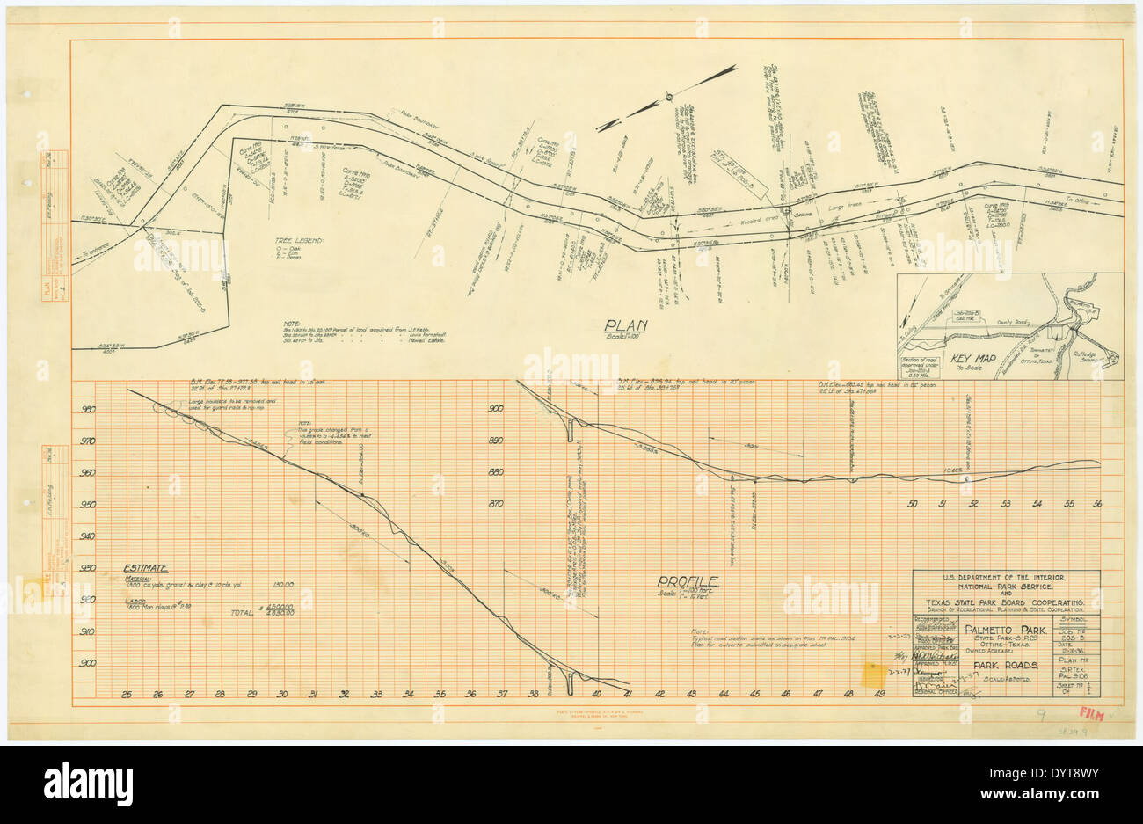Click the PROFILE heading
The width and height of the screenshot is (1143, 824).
pyautogui.click(x=689, y=581)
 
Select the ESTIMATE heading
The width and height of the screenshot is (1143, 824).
pyautogui.click(x=146, y=569)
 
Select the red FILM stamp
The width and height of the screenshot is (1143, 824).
pyautogui.click(x=1090, y=717)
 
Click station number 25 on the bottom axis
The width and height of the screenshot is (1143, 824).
pyautogui.click(x=127, y=695)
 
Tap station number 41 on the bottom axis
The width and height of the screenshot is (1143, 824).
pyautogui.click(x=629, y=695)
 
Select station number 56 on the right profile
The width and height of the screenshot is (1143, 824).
pyautogui.click(x=1096, y=504)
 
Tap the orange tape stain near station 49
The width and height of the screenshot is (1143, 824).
pyautogui.click(x=874, y=675)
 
